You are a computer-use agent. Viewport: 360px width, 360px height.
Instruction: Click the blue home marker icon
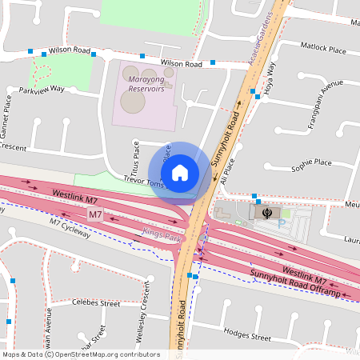click(x=180, y=172)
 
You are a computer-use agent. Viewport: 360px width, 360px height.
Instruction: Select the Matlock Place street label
click(x=324, y=50)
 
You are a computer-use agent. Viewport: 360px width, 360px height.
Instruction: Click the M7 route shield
click(x=95, y=214)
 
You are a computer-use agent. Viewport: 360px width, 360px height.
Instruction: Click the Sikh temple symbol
click(x=266, y=212)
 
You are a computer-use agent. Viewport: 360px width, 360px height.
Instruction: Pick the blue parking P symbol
click(x=279, y=223)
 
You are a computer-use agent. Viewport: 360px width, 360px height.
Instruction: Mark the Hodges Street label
click(x=245, y=331)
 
